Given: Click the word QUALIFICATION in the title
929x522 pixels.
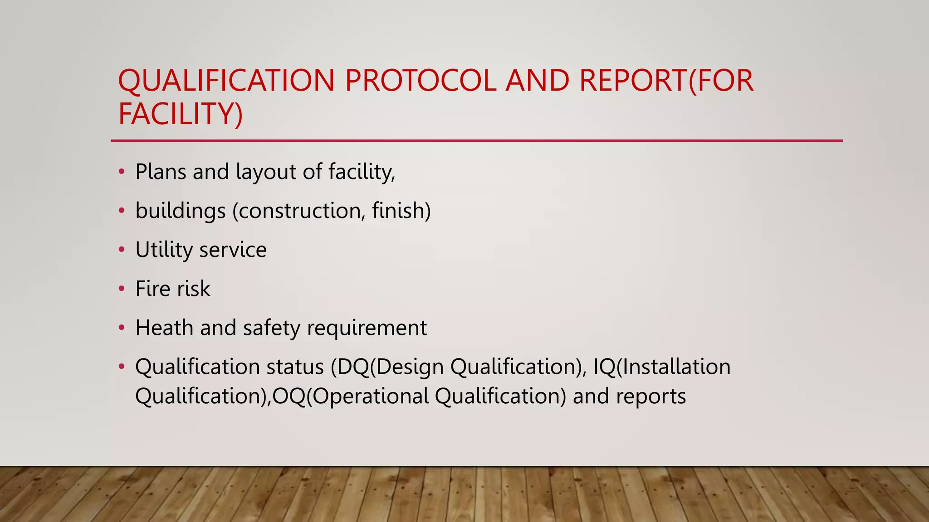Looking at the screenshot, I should [x=226, y=81].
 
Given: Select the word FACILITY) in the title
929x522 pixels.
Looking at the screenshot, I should [x=181, y=114].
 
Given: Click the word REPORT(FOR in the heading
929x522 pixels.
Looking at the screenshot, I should [x=666, y=81].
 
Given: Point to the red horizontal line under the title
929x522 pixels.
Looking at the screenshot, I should [x=476, y=140].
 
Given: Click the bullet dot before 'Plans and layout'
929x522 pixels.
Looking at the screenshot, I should [x=121, y=172].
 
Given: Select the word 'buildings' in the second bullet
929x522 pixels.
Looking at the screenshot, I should [x=181, y=211].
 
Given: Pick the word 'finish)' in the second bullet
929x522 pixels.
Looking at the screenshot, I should [x=401, y=211].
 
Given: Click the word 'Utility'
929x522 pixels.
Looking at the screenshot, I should [x=164, y=250].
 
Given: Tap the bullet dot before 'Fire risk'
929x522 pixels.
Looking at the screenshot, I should [x=121, y=289].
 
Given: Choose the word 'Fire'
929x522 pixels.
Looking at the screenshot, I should [x=152, y=289].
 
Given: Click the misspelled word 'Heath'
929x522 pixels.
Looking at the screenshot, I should [x=164, y=328].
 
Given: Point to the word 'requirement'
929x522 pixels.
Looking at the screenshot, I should [x=367, y=328].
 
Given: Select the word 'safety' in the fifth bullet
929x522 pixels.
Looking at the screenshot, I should [x=271, y=328].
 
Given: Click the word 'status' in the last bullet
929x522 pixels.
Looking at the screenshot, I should [x=295, y=367].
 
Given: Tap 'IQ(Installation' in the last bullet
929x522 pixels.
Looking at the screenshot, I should [x=662, y=367].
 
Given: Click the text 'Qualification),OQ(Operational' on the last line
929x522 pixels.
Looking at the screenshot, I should [x=282, y=396].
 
